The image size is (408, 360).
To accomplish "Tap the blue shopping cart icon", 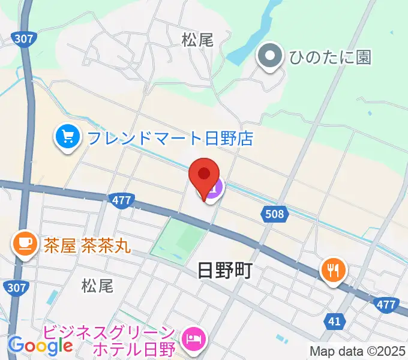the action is [68, 138].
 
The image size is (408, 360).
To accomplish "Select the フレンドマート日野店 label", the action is [170, 139].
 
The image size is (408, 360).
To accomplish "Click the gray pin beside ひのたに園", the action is [269, 57].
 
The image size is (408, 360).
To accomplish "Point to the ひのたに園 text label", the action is [330, 57].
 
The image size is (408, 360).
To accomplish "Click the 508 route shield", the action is [275, 213].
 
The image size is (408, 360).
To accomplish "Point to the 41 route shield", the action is [334, 322].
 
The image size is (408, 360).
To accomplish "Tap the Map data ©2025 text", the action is [358, 350].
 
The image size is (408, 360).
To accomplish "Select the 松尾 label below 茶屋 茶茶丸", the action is [97, 286].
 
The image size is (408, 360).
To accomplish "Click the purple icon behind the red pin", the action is [215, 188].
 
